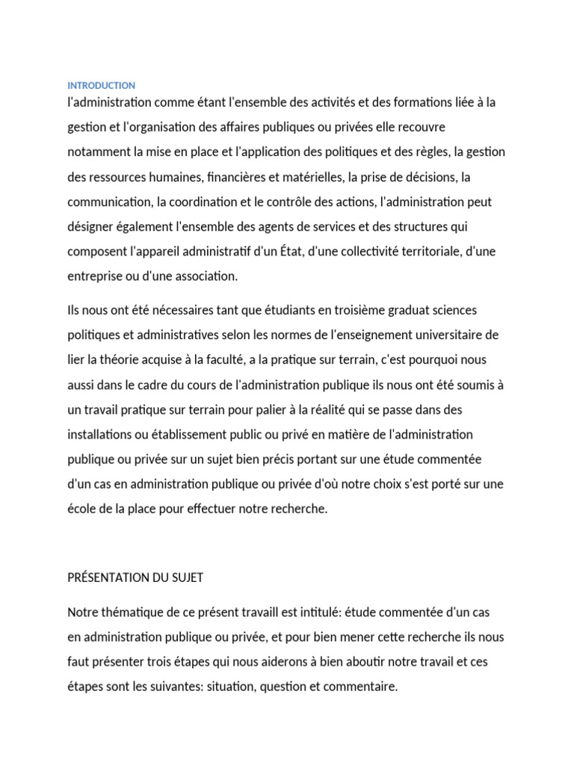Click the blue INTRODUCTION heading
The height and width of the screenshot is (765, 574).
pyautogui.click(x=101, y=86)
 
